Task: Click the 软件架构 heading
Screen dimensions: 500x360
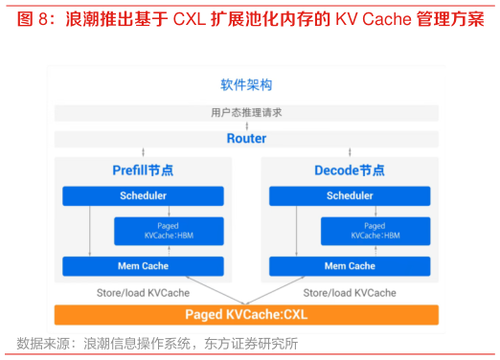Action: tap(246, 85)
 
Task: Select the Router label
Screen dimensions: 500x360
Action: tap(246, 139)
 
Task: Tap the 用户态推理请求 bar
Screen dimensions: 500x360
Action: tap(246, 113)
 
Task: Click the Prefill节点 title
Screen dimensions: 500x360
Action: tap(143, 170)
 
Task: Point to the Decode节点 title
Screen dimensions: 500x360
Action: tap(350, 170)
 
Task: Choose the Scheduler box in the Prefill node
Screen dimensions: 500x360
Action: tap(143, 196)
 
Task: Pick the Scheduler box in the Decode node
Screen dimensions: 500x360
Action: tap(350, 196)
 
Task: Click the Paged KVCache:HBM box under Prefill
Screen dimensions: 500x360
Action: tap(169, 231)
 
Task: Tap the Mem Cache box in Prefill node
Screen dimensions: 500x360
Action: tap(143, 266)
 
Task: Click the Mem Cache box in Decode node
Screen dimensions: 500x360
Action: tap(350, 266)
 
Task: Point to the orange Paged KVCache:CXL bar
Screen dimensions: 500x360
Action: tap(246, 314)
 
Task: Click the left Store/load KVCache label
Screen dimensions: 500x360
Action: tap(143, 292)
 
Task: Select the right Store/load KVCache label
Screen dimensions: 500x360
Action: tap(350, 292)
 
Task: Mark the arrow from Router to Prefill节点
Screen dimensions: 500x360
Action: tap(143, 152)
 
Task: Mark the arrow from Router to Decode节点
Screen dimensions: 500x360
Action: tap(350, 152)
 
